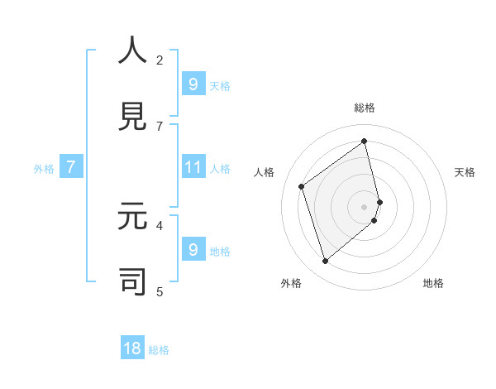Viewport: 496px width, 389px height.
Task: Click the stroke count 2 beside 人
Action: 160,60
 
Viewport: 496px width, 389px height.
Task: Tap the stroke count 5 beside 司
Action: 160,291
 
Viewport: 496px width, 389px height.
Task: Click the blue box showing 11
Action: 193,167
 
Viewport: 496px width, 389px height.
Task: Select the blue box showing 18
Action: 132,348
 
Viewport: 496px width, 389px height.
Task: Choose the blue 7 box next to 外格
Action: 71,167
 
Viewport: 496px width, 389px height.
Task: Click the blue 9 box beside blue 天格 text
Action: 193,84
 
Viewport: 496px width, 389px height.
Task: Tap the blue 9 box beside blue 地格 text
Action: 193,249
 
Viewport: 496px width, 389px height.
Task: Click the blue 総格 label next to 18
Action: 159,350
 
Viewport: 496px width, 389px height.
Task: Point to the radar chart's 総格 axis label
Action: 365,108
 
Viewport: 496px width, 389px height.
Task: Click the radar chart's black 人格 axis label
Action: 265,172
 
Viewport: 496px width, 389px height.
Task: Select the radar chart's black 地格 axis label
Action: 433,283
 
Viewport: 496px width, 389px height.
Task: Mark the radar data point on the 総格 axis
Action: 365,141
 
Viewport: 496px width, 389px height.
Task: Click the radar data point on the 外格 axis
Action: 325,262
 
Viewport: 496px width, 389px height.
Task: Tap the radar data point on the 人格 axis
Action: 302,186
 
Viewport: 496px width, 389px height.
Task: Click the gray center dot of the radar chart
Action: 365,206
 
